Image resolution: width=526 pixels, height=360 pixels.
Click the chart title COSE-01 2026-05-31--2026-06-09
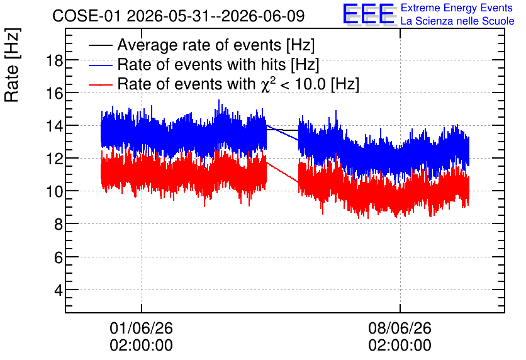point(179,16)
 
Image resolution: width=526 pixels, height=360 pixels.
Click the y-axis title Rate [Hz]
point(12,65)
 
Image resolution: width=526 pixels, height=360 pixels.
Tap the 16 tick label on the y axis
point(54,94)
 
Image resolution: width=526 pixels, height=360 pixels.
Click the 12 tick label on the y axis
point(54,159)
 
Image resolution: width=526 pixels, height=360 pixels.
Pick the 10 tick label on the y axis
point(54,192)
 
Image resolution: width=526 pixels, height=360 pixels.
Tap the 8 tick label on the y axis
point(59,225)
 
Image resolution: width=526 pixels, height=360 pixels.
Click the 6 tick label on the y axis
point(59,257)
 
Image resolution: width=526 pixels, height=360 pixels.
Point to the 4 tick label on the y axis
point(59,290)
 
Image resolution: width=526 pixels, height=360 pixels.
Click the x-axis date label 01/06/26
point(141,328)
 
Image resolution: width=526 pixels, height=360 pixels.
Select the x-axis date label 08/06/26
point(400,328)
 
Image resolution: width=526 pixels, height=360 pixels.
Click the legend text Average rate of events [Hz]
point(216,45)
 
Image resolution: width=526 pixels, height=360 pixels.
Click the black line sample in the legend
point(101,45)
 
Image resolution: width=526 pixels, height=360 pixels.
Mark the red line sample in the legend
point(101,84)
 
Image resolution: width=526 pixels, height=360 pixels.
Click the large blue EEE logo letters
point(368,14)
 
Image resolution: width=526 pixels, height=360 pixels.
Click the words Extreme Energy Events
point(457,8)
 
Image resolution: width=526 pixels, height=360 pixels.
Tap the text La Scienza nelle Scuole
point(457,21)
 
